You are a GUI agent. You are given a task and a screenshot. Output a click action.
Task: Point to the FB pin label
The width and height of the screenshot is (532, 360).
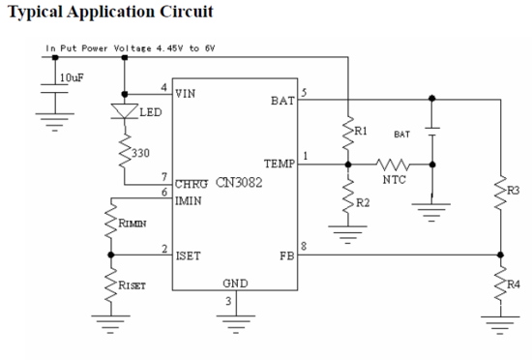point(286,256)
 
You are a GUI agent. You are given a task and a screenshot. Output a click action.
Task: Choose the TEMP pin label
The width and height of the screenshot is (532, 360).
point(279,164)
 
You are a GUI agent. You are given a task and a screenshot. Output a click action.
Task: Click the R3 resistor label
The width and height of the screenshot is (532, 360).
point(513,190)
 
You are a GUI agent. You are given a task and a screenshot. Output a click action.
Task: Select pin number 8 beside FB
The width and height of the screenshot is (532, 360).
point(304,248)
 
